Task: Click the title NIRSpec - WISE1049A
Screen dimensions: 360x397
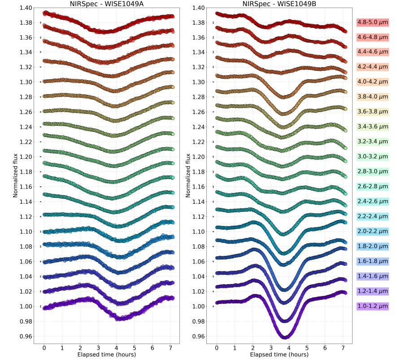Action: coord(107,4)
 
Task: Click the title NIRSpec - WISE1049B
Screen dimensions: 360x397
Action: coord(279,4)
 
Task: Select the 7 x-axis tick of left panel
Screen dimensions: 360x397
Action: coord(170,348)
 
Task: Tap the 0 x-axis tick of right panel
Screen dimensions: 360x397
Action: coord(217,348)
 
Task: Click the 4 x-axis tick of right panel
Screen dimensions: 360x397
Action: coord(289,348)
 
